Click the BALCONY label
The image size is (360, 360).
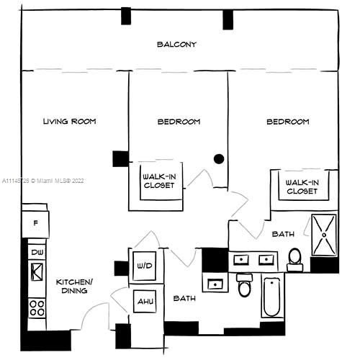tap(176, 45)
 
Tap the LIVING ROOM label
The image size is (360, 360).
tap(69, 122)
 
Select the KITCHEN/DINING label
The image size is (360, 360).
tap(74, 286)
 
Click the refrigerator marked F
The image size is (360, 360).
tap(35, 224)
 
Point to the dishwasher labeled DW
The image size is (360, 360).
tap(37, 252)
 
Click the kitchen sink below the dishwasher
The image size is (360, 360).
tap(37, 272)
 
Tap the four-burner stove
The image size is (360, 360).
tap(37, 308)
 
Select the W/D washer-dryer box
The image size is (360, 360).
tap(145, 266)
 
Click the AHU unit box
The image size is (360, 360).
tap(145, 301)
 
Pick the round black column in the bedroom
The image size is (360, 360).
tap(219, 158)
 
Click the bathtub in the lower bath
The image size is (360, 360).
tap(272, 297)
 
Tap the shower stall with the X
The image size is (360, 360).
tap(324, 235)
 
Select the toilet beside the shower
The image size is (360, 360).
tap(295, 260)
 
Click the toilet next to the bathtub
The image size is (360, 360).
tap(245, 285)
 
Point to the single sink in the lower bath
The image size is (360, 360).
tap(215, 284)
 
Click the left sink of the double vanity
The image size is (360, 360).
tap(241, 259)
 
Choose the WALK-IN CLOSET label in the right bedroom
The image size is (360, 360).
tap(302, 187)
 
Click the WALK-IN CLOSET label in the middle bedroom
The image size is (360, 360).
tap(159, 181)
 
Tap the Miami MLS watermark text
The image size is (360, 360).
tap(43, 181)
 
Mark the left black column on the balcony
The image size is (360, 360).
tap(126, 16)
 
